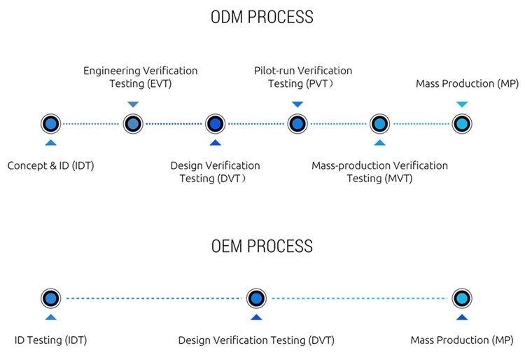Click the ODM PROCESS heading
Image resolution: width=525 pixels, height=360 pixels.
tap(262, 17)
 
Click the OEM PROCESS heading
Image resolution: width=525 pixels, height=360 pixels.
tap(262, 246)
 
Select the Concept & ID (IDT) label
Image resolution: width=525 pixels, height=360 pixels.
tap(50, 166)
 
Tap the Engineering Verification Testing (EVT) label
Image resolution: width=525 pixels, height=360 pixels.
tap(140, 77)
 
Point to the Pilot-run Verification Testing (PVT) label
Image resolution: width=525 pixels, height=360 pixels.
tap(302, 77)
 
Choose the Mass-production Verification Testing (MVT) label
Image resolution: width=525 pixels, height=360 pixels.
tap(379, 172)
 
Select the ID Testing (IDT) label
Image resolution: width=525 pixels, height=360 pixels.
tap(50, 340)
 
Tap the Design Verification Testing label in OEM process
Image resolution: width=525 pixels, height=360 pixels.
tap(256, 340)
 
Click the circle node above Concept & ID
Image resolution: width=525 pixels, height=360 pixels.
tap(50, 124)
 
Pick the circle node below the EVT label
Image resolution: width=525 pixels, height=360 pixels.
tap(133, 124)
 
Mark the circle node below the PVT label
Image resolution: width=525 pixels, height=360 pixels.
tap(297, 124)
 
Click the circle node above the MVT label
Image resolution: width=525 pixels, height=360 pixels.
tap(379, 124)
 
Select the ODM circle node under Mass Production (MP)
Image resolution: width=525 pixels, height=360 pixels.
tap(461, 124)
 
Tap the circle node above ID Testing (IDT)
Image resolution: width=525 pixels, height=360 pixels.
tap(50, 298)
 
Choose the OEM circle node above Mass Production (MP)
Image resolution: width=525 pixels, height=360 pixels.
tap(461, 298)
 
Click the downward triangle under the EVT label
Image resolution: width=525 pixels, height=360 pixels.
tap(133, 104)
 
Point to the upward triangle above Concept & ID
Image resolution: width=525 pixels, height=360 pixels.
tap(50, 143)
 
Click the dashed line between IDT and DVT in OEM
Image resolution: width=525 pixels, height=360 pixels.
tap(153, 298)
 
